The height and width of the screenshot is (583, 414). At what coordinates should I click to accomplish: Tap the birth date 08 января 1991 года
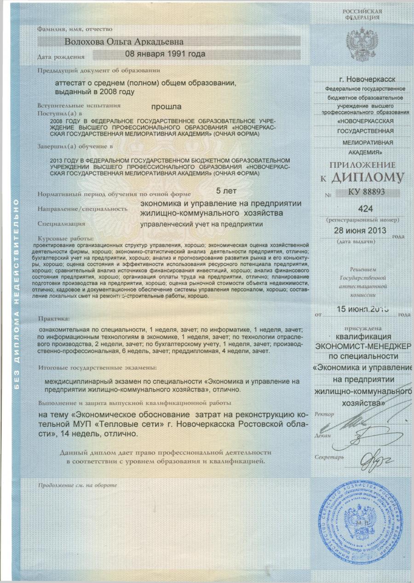point(165,53)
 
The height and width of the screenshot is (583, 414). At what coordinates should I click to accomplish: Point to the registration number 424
point(364,209)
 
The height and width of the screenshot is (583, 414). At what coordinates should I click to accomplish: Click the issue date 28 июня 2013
point(360,229)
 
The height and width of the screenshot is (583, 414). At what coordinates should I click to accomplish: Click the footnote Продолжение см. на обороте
point(77,485)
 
